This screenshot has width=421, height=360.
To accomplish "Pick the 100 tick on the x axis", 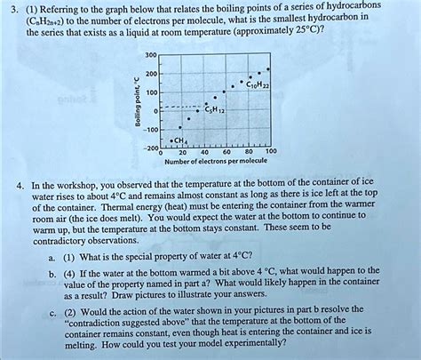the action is click(271, 152).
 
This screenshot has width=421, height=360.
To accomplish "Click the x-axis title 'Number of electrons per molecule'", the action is click(215, 163).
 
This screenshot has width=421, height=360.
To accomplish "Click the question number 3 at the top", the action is click(7, 7).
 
